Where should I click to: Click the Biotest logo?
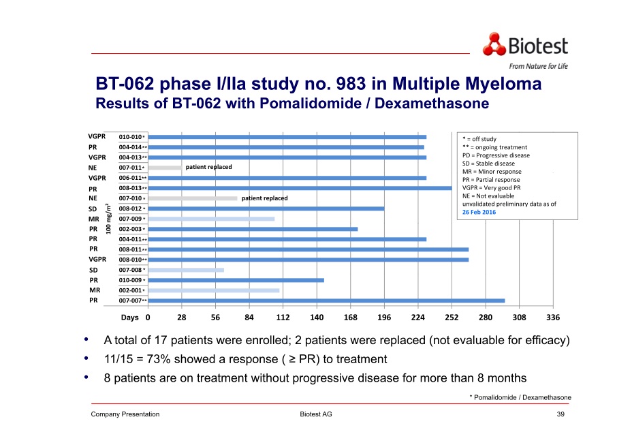[x=525, y=46]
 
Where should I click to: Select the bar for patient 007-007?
[x=326, y=300]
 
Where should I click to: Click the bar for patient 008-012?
[x=266, y=209]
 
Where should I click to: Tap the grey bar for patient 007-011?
[x=165, y=168]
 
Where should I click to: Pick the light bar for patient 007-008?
[x=186, y=270]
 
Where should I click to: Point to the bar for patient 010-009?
[x=236, y=280]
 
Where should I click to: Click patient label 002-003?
[x=130, y=229]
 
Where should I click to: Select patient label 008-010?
[x=130, y=260]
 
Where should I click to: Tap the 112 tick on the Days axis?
[x=283, y=318]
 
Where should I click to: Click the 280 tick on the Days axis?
[x=486, y=318]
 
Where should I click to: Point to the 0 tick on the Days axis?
[x=148, y=318]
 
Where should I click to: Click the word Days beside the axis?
[x=129, y=318]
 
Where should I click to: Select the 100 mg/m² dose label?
[x=109, y=219]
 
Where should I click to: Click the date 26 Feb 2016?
[x=479, y=213]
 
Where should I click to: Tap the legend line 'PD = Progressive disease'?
[x=496, y=155]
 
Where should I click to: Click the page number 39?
[x=560, y=414]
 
